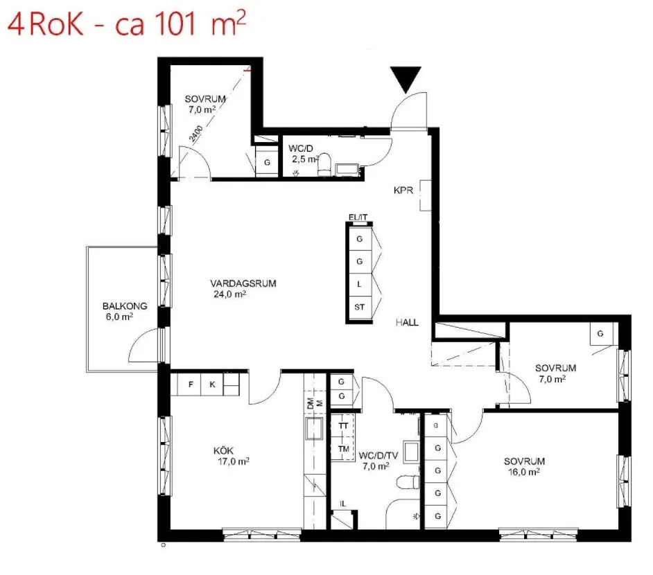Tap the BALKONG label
point(125,306)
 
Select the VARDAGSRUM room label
point(243,283)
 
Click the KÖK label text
point(224,450)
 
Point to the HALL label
point(408,322)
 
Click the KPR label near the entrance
point(403,191)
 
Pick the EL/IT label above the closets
point(358,218)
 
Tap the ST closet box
point(359,308)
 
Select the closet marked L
point(359,285)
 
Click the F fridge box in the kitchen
point(190,384)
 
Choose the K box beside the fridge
point(212,384)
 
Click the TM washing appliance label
point(344,449)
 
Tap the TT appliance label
point(343,426)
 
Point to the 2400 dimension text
point(195,134)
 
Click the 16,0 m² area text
point(524,472)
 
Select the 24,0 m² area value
point(230,294)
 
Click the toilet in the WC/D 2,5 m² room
point(324,164)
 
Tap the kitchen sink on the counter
point(314,429)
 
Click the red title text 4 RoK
point(46,25)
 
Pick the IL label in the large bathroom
point(342,504)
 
